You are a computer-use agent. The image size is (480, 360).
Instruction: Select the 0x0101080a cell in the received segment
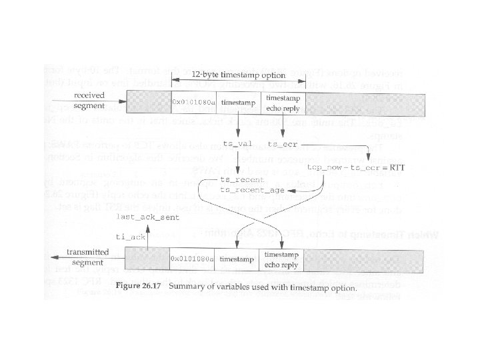point(194,103)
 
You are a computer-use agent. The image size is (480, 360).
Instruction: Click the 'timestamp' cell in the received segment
point(238,103)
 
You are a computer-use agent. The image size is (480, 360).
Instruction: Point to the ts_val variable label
point(237,143)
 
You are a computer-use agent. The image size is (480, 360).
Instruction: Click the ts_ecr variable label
point(282,143)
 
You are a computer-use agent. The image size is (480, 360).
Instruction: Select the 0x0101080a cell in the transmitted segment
point(193,258)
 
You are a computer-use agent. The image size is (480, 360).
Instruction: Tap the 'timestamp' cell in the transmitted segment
point(238,258)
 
